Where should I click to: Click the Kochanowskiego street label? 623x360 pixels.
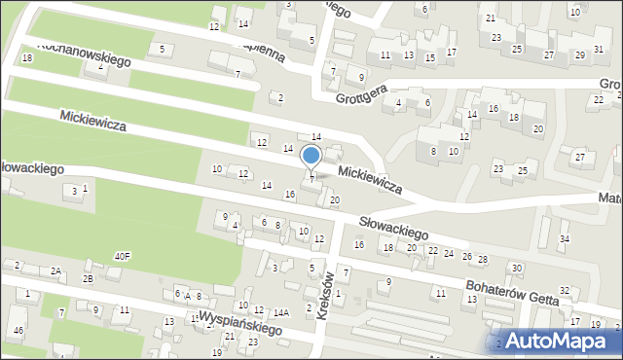(84, 53)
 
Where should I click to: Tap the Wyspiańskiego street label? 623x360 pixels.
(239, 323)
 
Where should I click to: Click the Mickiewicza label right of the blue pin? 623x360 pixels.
(370, 179)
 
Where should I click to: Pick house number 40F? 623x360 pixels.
(122, 256)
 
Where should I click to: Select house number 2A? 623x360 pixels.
(56, 270)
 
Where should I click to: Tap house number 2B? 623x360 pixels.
(87, 279)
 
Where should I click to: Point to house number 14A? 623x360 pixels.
(281, 313)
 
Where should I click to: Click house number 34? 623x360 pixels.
(564, 238)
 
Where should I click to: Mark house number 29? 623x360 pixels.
(580, 55)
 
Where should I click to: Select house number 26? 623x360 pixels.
(466, 256)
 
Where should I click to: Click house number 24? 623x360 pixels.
(449, 253)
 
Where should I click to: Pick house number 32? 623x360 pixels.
(564, 291)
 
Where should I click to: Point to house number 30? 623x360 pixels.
(516, 268)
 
